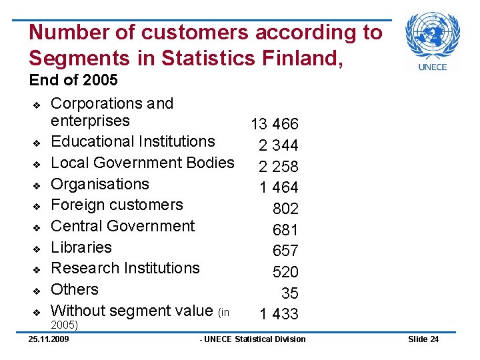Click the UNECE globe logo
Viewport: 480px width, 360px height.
433,36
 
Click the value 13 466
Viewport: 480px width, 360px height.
274,124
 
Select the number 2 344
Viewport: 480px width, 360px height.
279,145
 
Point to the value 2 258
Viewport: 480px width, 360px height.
279,166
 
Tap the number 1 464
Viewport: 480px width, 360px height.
279,187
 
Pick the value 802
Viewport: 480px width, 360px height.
285,209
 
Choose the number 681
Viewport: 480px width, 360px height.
285,230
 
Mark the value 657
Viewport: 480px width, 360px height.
285,251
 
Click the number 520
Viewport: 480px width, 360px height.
285,272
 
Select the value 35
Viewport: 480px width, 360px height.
290,293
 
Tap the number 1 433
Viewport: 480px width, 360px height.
279,314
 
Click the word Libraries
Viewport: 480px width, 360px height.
81,247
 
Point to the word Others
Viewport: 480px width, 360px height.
75,289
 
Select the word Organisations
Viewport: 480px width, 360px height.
100,184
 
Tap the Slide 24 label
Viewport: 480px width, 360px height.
423,339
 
